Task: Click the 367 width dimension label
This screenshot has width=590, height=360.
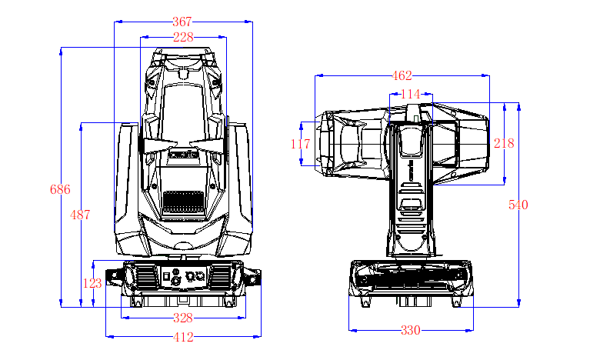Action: (x=182, y=22)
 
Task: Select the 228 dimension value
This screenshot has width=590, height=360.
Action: (x=183, y=36)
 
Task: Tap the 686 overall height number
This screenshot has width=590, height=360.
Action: (x=60, y=189)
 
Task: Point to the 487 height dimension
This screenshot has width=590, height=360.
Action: (x=80, y=215)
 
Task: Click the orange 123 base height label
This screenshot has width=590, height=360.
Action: (x=92, y=283)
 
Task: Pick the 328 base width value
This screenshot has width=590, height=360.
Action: (x=183, y=318)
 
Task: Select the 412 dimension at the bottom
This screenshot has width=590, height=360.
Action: (x=183, y=337)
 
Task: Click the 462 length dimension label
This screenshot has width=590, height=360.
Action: (x=402, y=75)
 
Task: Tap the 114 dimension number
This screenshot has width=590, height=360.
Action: (x=412, y=94)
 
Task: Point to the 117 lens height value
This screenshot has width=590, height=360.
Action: (x=301, y=143)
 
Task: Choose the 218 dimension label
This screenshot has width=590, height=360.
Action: (x=504, y=143)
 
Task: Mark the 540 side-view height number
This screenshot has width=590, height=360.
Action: (x=518, y=205)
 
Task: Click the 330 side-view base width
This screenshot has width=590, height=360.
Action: (x=411, y=331)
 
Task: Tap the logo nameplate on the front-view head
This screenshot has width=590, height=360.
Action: (x=183, y=155)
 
